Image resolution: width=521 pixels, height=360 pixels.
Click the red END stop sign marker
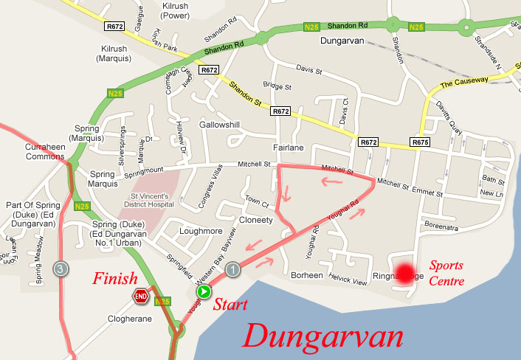(x=140, y=297)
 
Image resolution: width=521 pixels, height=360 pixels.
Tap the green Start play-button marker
(x=203, y=292)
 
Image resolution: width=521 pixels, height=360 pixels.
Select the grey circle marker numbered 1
(x=233, y=270)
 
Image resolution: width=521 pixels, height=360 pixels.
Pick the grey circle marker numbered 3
(x=61, y=269)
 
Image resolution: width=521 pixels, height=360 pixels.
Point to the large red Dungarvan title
(x=325, y=336)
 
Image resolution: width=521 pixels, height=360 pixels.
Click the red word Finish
(x=114, y=279)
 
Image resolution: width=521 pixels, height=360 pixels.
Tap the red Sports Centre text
(x=447, y=272)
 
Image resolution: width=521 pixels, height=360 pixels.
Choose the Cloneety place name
(x=255, y=220)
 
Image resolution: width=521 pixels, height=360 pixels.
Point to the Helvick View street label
(x=348, y=282)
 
